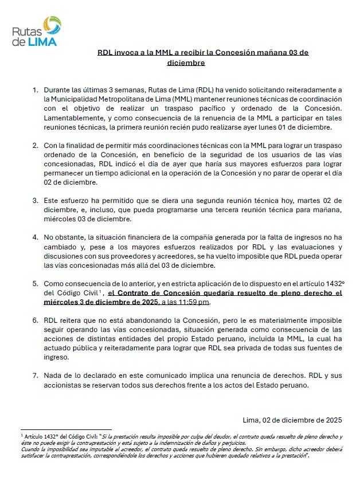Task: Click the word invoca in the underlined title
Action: (126, 52)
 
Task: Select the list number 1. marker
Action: (36, 90)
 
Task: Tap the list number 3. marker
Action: (36, 201)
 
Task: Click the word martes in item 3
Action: (297, 201)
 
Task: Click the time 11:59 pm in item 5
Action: (194, 302)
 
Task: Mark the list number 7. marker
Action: (36, 376)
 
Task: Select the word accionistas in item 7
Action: (65, 385)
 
